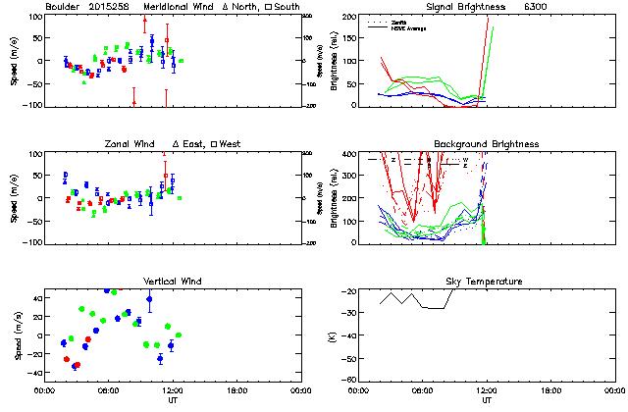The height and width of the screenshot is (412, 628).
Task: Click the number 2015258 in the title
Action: [x=110, y=7]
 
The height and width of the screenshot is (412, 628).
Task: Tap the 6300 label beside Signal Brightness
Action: [x=537, y=7]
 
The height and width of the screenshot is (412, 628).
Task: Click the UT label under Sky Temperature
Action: [x=487, y=401]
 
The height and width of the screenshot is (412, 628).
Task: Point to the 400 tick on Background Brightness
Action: [x=350, y=155]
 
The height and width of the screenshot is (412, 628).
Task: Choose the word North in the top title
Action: [x=246, y=7]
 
